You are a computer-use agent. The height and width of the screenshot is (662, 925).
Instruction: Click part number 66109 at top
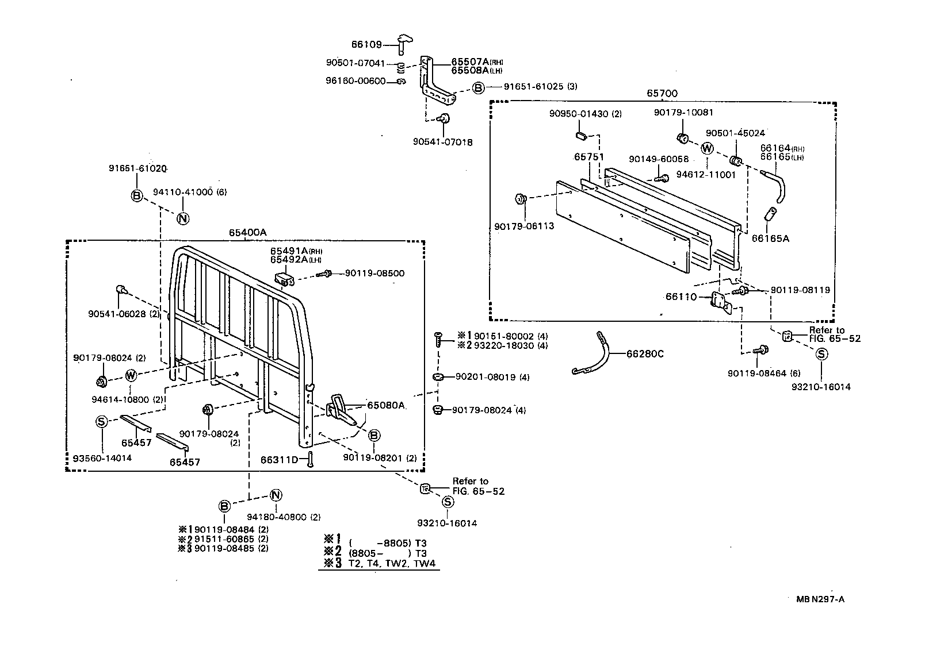click(366, 44)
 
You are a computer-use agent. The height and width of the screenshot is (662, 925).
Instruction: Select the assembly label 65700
click(662, 93)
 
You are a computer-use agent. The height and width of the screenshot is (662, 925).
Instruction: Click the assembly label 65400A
click(248, 232)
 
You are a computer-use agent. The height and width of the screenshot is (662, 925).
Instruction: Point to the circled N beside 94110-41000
click(182, 218)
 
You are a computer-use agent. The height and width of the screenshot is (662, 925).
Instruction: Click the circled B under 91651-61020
click(136, 196)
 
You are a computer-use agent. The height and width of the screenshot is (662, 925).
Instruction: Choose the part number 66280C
click(644, 354)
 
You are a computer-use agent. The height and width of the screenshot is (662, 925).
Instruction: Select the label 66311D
click(280, 460)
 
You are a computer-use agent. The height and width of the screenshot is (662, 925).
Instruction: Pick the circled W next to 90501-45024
click(707, 148)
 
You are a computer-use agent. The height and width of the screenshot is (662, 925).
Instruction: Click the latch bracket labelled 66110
click(720, 301)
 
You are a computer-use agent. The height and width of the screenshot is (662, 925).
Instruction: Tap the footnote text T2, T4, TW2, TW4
click(394, 564)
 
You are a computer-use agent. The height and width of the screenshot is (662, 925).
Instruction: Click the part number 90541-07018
click(442, 141)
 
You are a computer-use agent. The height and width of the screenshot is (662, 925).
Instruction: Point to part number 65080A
click(387, 405)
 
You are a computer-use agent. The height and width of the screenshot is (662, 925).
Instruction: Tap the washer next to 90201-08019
click(437, 377)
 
